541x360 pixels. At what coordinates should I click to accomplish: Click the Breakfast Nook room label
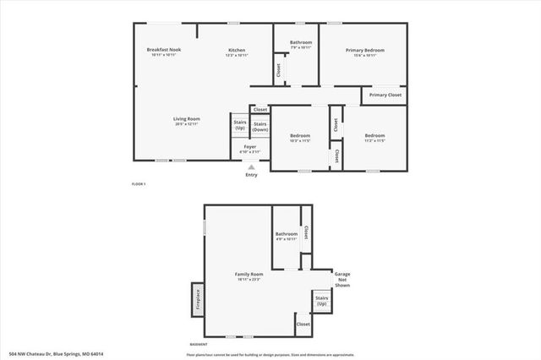tap(164, 51)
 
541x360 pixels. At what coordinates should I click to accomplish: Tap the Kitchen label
tap(237, 51)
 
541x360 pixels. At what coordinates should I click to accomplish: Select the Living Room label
tap(187, 120)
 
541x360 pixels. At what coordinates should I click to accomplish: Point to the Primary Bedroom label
tap(365, 51)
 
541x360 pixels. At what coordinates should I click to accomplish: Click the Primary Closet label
tap(385, 95)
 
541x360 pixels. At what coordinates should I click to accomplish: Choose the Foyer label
tap(250, 148)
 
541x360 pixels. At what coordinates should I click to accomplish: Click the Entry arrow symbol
tap(250, 166)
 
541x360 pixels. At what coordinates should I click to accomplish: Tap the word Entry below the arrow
tap(251, 175)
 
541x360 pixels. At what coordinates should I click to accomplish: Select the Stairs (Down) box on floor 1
tap(260, 127)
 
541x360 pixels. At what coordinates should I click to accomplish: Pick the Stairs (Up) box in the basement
tap(322, 300)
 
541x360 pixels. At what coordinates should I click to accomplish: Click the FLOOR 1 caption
tap(139, 183)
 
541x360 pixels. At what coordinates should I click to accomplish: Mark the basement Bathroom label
tap(287, 235)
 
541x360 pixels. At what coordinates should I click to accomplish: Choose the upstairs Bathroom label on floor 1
tap(301, 44)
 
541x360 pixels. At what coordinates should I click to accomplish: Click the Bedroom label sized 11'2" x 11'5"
tap(374, 137)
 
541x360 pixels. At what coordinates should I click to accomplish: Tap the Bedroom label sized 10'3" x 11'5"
tap(300, 137)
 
